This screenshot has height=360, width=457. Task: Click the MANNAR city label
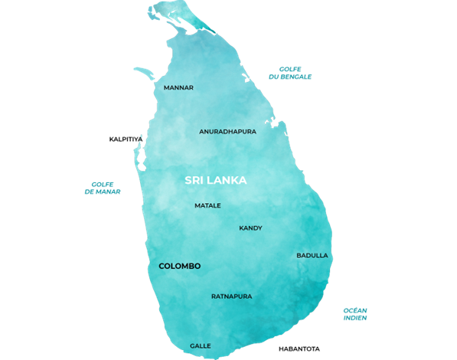[x=178, y=87]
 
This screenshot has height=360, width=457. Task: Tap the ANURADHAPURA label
[x=227, y=131]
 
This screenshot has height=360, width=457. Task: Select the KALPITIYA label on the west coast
[x=126, y=139]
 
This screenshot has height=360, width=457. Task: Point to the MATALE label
[x=207, y=205]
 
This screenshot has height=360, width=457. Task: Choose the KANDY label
[x=250, y=227]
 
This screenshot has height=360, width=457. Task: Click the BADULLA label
[x=312, y=255]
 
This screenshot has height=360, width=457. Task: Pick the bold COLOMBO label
[x=179, y=266]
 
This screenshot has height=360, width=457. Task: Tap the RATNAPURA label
[x=231, y=296]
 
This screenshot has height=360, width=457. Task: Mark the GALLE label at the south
[x=200, y=345]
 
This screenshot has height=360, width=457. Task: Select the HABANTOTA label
[x=299, y=349]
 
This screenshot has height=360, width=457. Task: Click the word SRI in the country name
[x=195, y=181]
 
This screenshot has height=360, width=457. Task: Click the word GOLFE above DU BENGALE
[x=289, y=69]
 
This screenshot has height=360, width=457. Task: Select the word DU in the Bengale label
[x=273, y=77]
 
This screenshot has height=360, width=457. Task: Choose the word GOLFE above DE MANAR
[x=103, y=184]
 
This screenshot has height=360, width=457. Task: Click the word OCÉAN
[x=355, y=310]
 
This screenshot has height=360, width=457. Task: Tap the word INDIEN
[x=355, y=318]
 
